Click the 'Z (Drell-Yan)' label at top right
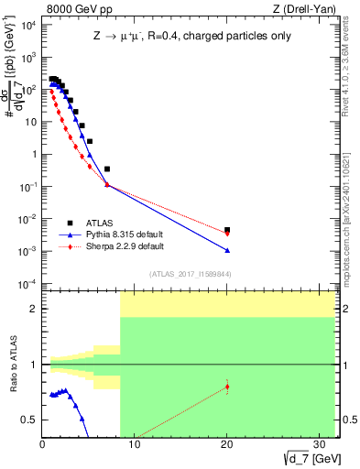click(306, 8)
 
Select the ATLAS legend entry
click(98, 223)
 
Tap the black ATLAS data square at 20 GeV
click(227, 230)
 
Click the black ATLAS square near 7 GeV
click(107, 169)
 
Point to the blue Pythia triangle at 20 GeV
click(227, 250)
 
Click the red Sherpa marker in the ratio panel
click(227, 387)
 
